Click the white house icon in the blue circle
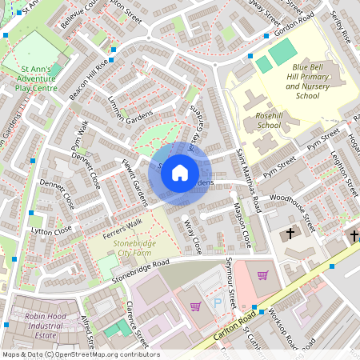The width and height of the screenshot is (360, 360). click(180, 172)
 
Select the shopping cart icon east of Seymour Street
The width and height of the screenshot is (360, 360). click(262, 276)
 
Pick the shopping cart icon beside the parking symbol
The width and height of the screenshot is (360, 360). click(194, 306)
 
